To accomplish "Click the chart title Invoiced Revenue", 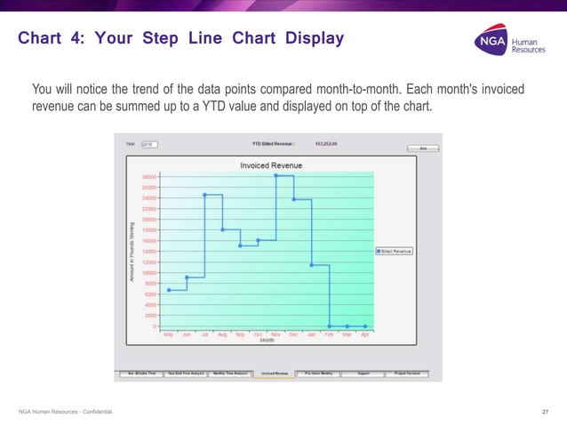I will click(271, 165).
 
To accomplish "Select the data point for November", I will click(276, 176).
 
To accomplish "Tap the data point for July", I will click(204, 195).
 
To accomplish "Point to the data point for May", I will click(169, 290).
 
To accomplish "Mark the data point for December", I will click(293, 199).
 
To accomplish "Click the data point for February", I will click(330, 326).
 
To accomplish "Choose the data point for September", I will click(240, 245).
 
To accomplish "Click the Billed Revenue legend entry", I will click(394, 252).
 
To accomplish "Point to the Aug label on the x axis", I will click(222, 334).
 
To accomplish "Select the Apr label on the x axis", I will click(365, 334).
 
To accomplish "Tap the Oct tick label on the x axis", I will click(258, 334).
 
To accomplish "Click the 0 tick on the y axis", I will click(156, 326).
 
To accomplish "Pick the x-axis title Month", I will click(267, 341).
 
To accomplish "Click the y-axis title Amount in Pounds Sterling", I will click(132, 252).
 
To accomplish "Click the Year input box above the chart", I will click(148, 143).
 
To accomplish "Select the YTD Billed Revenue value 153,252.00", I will click(326, 143).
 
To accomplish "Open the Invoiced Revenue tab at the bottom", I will click(275, 374).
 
